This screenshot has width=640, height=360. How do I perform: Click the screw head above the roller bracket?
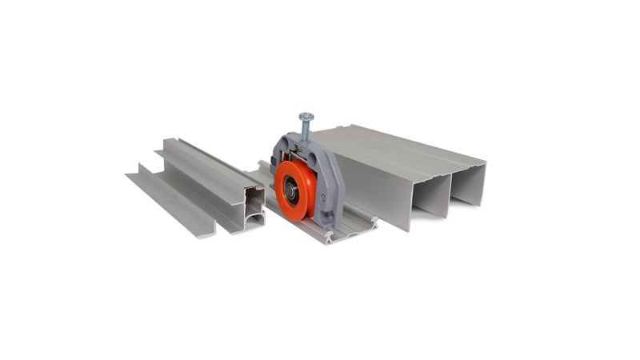point(306,117)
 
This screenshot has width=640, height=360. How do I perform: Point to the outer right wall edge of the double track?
point(484,180)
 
